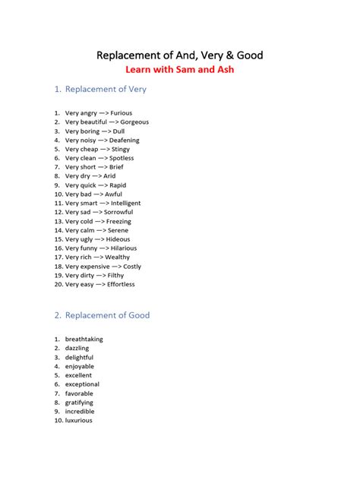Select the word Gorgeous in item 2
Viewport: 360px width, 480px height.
(134, 122)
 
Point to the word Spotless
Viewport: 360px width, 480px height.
(122, 158)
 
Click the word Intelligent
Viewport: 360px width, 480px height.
(125, 204)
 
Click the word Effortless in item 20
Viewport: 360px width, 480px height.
(121, 285)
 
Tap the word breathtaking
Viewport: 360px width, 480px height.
(84, 339)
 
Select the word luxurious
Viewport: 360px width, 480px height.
(79, 421)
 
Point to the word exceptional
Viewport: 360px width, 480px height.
(82, 384)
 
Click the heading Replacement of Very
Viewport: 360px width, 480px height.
(106, 90)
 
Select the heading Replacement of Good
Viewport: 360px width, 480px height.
(107, 315)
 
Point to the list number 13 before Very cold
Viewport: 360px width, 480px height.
(58, 222)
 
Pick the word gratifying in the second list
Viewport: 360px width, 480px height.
(79, 403)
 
